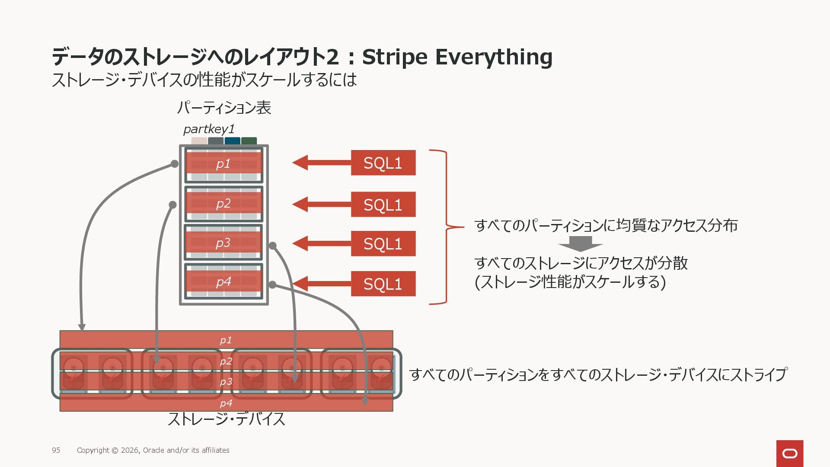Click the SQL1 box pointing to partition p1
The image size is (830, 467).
click(383, 163)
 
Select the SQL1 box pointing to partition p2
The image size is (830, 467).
click(383, 205)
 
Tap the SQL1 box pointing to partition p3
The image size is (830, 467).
click(383, 244)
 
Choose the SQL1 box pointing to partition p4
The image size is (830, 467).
click(383, 284)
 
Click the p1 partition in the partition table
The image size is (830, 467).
click(223, 164)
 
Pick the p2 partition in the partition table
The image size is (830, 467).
click(223, 204)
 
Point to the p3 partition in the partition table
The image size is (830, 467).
click(223, 243)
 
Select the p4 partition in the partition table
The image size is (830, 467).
click(223, 282)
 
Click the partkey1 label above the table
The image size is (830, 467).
click(209, 129)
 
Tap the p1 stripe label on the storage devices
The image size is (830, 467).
click(226, 340)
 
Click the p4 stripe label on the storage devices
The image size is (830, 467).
click(226, 403)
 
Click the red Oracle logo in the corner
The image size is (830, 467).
click(790, 453)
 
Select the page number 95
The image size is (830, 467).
click(56, 450)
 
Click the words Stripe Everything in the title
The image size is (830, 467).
click(457, 57)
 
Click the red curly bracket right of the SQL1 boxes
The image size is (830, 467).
click(445, 227)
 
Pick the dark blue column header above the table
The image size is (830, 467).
click(232, 141)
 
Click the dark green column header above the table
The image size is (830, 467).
click(249, 141)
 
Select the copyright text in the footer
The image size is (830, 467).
click(153, 450)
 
